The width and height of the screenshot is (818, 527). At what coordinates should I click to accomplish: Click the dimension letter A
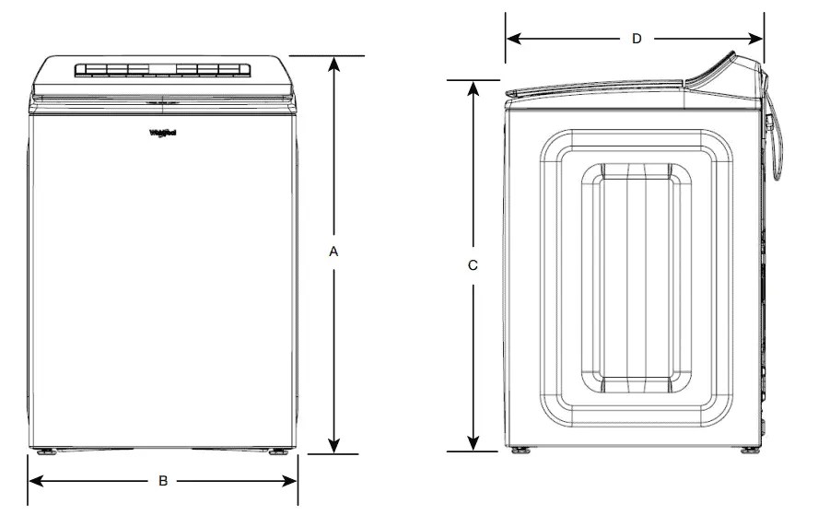click(335, 251)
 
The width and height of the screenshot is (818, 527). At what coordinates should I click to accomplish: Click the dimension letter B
click(163, 480)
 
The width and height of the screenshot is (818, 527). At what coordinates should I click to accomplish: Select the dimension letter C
click(473, 265)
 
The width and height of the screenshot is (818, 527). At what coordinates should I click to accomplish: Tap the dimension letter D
click(636, 39)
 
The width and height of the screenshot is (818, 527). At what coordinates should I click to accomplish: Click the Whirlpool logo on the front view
click(163, 133)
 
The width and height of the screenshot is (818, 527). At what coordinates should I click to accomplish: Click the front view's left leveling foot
click(43, 452)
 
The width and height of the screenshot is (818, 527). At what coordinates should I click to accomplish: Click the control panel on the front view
click(161, 69)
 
